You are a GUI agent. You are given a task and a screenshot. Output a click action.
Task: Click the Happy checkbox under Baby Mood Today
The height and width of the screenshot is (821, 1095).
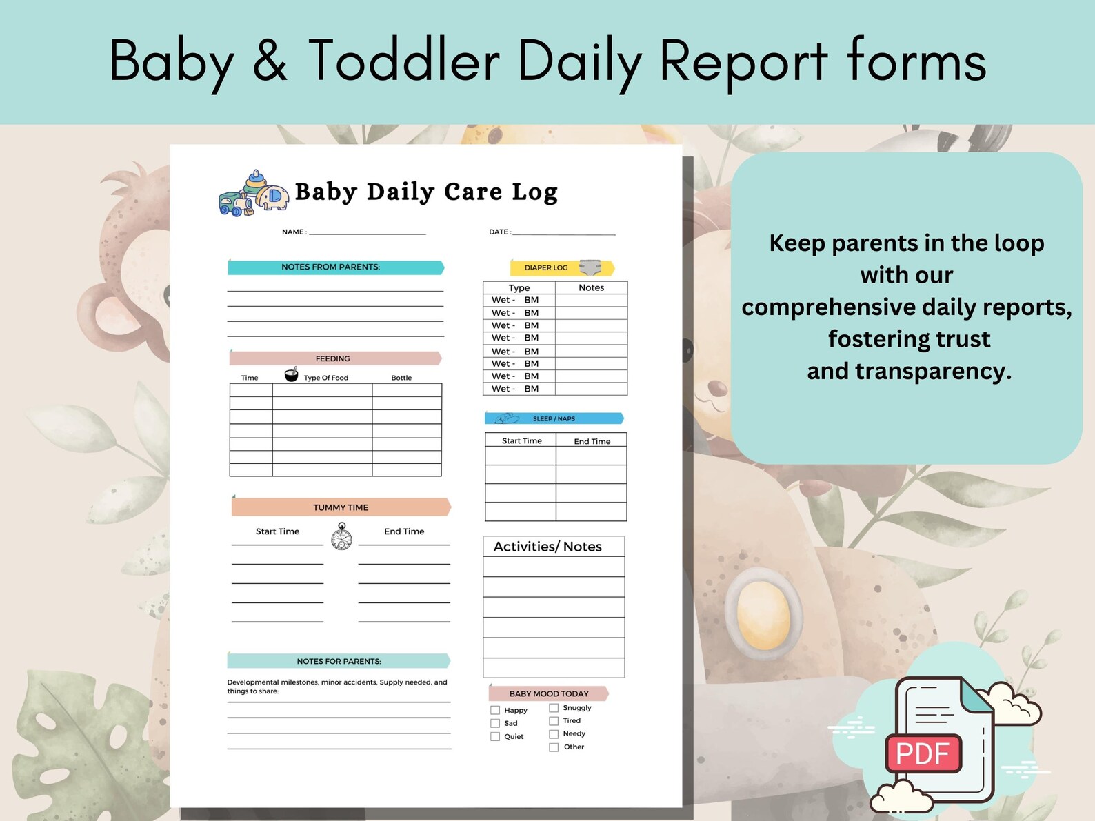tap(495, 710)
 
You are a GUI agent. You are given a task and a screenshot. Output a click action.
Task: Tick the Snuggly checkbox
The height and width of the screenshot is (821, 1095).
tap(554, 708)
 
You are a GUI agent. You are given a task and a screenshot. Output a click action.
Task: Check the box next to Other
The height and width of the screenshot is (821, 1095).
tap(554, 747)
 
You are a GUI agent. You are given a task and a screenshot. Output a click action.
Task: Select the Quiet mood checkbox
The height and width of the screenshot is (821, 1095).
tap(495, 737)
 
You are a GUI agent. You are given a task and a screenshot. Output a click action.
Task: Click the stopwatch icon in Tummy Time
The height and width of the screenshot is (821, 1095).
tap(341, 536)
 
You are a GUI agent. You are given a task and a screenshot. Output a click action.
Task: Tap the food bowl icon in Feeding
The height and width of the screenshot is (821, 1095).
tap(292, 375)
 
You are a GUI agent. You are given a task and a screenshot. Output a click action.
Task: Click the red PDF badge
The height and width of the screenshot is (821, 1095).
tap(923, 753)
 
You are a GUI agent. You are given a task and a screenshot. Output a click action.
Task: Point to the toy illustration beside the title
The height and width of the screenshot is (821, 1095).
tap(253, 194)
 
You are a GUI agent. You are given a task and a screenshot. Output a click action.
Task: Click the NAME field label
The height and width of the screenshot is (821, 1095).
tap(294, 232)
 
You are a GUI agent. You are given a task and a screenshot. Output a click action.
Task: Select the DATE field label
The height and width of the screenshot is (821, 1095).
tap(500, 232)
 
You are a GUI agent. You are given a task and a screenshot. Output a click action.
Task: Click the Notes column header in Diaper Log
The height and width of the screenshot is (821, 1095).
tap(591, 287)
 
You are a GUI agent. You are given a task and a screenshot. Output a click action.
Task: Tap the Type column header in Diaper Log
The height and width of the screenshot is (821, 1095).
tap(519, 287)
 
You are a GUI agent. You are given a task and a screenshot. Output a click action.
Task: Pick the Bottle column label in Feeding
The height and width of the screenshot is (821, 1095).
tap(401, 378)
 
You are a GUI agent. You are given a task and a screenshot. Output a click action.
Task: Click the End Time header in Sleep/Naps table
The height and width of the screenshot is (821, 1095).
tap(592, 441)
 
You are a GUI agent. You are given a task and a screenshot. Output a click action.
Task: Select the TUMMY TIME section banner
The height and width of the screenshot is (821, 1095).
tap(341, 507)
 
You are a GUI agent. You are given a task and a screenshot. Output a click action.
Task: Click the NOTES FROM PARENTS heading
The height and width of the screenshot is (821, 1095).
tap(331, 267)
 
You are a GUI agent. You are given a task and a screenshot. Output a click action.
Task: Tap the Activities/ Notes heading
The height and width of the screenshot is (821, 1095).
tap(547, 547)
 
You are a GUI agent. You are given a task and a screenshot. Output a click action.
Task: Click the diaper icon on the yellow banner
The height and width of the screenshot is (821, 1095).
tap(590, 267)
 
